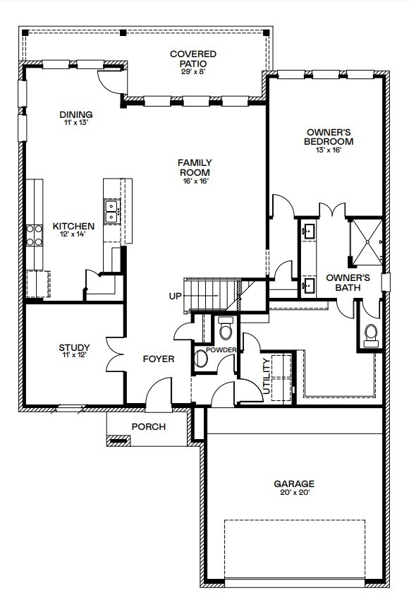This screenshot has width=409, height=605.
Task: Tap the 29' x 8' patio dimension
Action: click(193, 72)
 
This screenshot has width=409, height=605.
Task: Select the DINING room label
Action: click(75, 114)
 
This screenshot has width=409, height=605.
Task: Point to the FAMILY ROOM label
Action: click(195, 167)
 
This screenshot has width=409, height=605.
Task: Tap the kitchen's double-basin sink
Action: click(111, 211)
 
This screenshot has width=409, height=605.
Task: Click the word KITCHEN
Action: click(73, 227)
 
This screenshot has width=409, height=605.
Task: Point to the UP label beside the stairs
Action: click(176, 296)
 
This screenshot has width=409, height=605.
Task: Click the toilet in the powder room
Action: click(226, 329)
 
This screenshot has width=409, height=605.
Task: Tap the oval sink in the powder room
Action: click(201, 359)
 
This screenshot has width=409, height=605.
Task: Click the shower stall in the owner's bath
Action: click(367, 242)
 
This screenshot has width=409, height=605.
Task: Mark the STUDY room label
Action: click(74, 347)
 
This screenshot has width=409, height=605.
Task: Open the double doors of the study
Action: click(113, 353)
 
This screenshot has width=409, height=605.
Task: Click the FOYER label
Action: click(159, 359)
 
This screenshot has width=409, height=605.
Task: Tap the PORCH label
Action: click(149, 426)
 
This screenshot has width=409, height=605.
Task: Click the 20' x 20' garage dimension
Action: click(293, 493)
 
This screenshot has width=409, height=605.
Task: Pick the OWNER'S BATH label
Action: click(348, 282)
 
